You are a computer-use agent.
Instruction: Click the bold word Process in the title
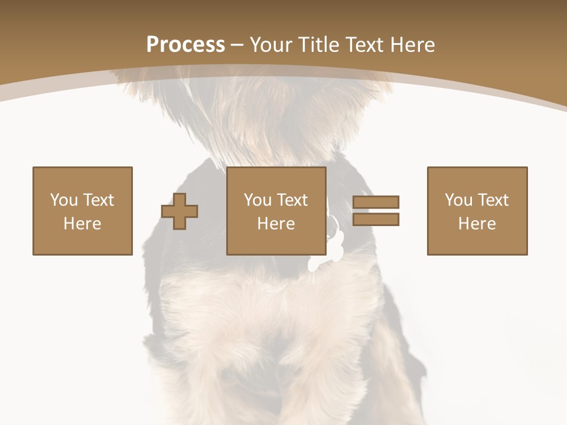(185, 45)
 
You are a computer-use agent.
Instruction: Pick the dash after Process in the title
(237, 45)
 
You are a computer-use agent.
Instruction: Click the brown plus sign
(180, 211)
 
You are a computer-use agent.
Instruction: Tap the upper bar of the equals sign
(376, 202)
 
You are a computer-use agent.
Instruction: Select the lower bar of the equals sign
(376, 220)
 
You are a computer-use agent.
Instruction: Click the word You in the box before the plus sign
(64, 200)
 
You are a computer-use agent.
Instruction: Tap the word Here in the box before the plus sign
(83, 224)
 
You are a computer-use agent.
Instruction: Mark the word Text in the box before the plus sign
(98, 200)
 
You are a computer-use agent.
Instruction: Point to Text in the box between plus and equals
(292, 200)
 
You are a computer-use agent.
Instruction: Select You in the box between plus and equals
(258, 200)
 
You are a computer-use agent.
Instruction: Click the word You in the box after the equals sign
(458, 200)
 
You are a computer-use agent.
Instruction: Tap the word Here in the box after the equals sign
(477, 224)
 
